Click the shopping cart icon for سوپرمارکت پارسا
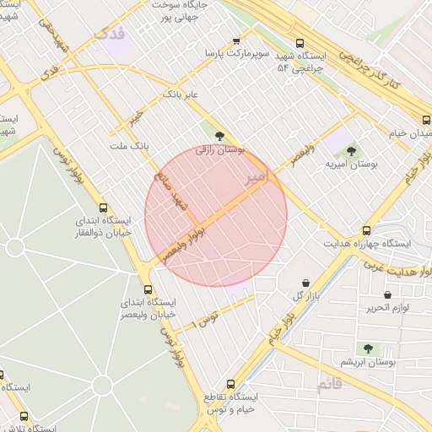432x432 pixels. click(x=235, y=40)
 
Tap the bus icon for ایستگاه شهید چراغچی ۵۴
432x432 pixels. click(x=300, y=42)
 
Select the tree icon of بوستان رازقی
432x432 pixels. click(x=219, y=135)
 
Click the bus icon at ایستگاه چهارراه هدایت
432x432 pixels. click(x=366, y=229)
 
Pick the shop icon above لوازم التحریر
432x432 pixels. click(x=387, y=294)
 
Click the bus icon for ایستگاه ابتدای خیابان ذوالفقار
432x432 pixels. click(x=103, y=208)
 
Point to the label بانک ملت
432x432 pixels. click(x=128, y=146)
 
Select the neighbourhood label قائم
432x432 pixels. click(x=331, y=385)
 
